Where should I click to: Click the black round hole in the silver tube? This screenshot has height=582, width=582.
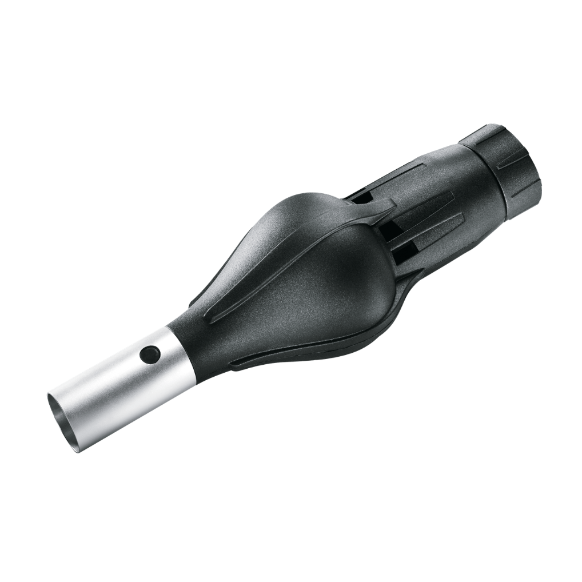pos(150,354)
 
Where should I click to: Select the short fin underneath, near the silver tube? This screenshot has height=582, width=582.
pos(257,360)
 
